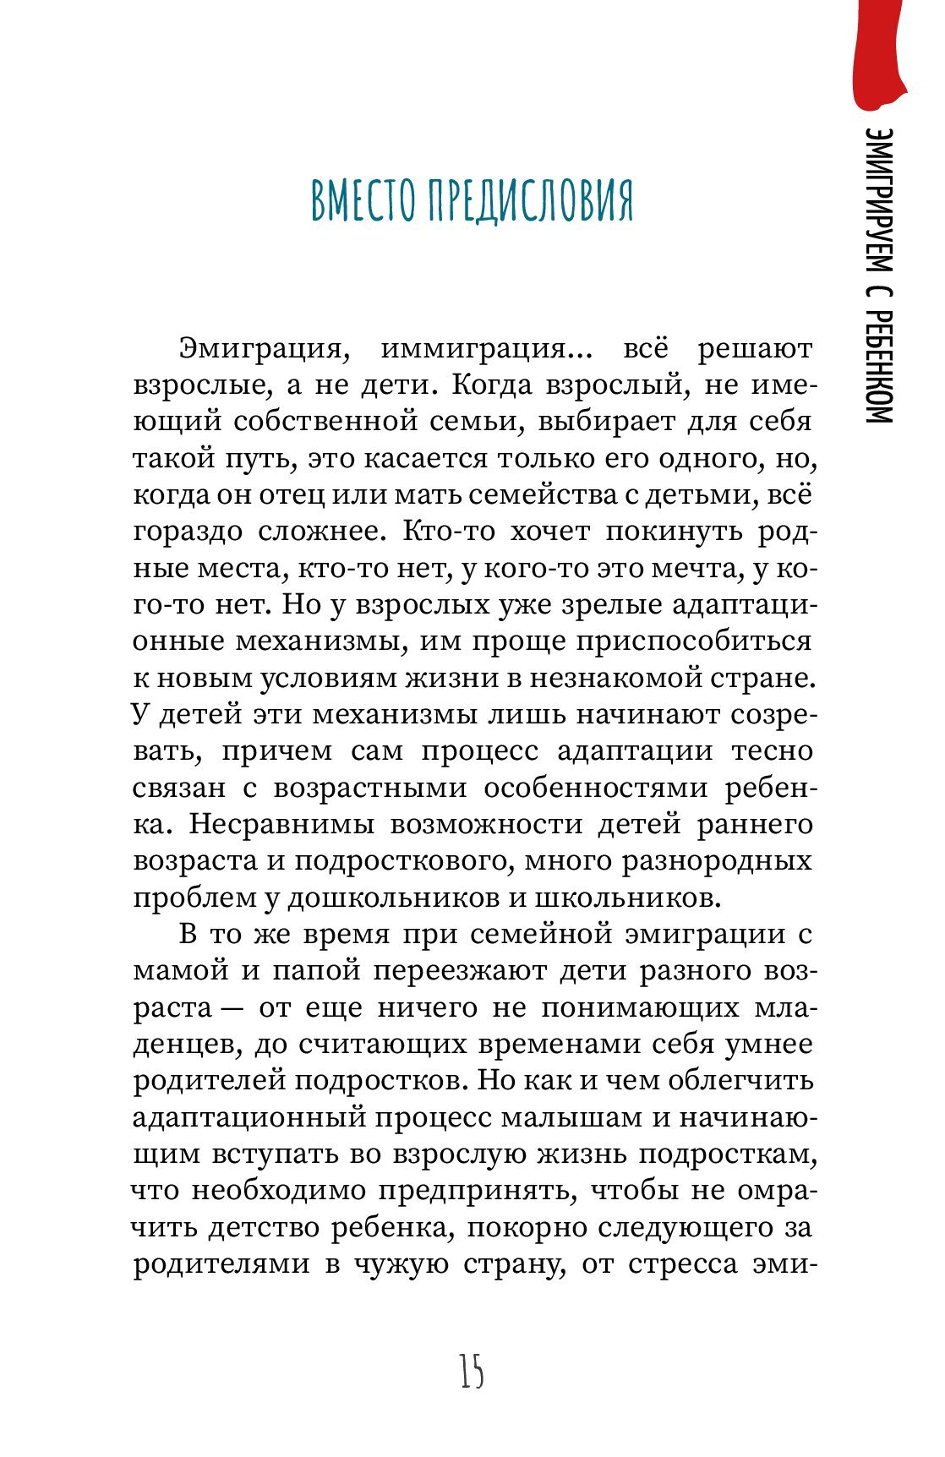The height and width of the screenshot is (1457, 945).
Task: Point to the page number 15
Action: point(472,1372)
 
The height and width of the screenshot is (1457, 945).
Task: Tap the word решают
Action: point(755,349)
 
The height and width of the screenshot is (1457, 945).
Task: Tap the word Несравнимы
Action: point(271,824)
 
